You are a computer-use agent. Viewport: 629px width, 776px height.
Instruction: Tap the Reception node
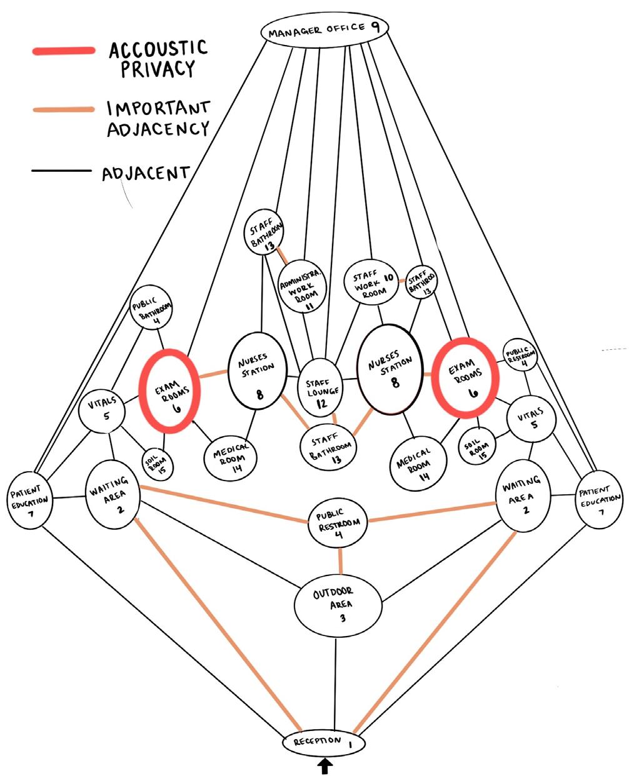coord(323,742)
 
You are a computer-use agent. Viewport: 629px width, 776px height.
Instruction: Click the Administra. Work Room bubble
coord(301,286)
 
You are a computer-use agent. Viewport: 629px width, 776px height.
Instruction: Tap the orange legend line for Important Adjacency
coord(63,110)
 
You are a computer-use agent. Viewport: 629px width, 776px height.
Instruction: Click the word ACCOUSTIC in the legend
coord(158,48)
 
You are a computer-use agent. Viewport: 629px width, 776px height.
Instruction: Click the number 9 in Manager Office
coord(375,26)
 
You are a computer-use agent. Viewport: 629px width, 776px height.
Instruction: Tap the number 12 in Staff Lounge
coord(321,404)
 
